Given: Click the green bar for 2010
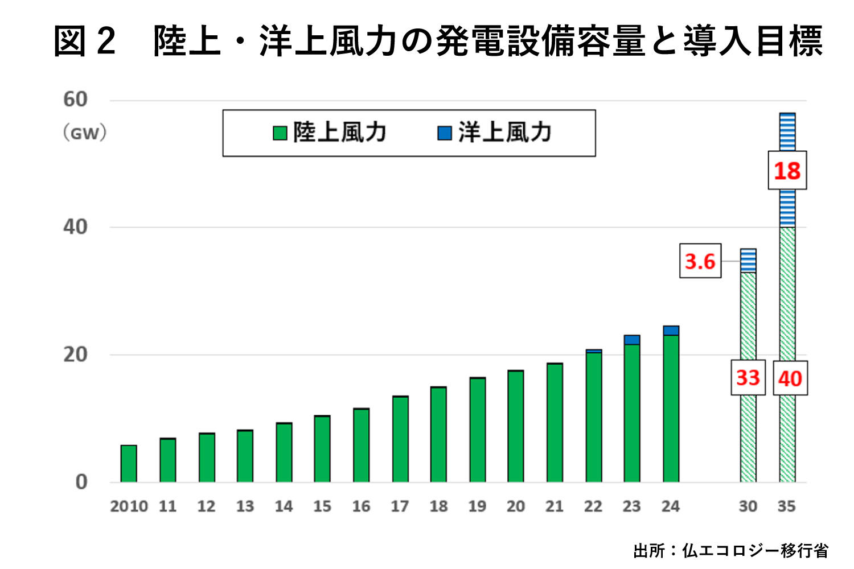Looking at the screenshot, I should pos(129,464).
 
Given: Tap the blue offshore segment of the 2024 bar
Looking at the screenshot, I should pos(671,331).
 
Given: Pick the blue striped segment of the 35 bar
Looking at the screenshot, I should pos(787,208).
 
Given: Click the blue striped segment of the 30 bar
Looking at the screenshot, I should pos(748,261).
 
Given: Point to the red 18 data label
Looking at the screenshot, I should pos(787,171).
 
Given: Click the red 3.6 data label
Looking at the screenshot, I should pos(700,261).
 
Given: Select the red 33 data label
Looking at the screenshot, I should pos(748,378).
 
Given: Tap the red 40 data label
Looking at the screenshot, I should pos(790,378).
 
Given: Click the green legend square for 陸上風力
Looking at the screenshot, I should pos(280,133).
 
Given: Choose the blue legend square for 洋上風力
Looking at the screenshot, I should pos(444,133).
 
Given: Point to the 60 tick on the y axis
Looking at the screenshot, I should pos(75,100).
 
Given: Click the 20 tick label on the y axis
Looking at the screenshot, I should pos(75,354).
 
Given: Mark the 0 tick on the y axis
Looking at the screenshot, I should pos(81,482).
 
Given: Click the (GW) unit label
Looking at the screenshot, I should pos(84,133).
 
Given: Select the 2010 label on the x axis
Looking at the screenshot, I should pos(129,506).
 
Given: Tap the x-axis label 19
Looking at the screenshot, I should pos(477,506).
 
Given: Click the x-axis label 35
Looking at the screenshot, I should pos(787,506).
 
